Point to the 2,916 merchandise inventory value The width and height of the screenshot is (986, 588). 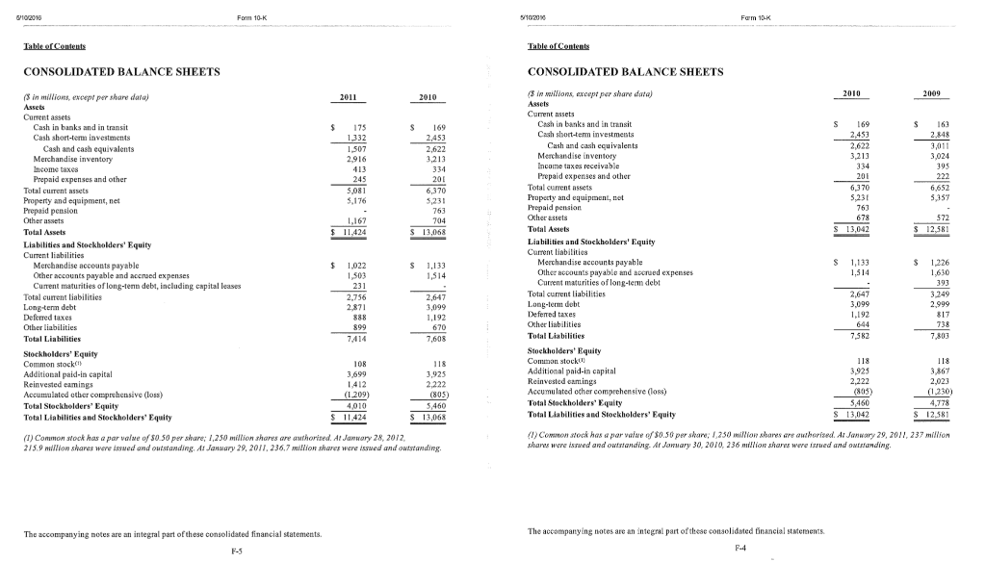357,155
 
